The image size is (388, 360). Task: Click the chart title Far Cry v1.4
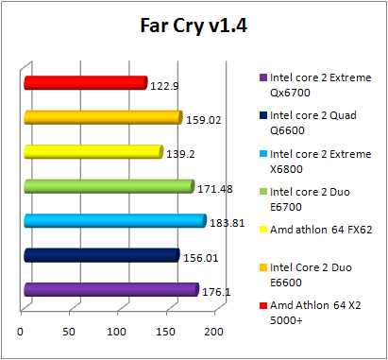(x=193, y=26)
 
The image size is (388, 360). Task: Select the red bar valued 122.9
(x=85, y=83)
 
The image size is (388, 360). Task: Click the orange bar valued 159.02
(x=102, y=117)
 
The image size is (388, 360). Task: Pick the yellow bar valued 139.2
(x=93, y=151)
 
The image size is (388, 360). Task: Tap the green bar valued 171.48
(x=108, y=186)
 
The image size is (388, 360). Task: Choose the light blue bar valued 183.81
(x=113, y=220)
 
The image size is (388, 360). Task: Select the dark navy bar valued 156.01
(x=100, y=254)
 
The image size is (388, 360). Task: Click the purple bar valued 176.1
(x=110, y=289)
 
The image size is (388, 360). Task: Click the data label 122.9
(x=164, y=86)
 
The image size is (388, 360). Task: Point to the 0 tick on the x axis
(x=21, y=332)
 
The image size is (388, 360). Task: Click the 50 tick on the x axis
(x=69, y=332)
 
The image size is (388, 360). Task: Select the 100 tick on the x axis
(x=117, y=332)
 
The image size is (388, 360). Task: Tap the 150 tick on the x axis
(x=165, y=332)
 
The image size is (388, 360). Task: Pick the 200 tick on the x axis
(x=213, y=332)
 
